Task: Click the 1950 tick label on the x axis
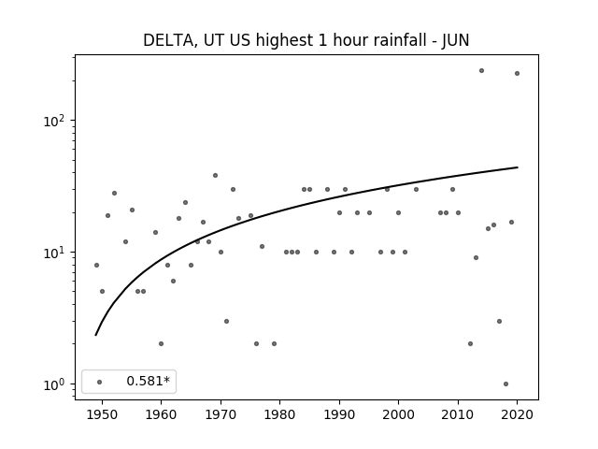(x=102, y=414)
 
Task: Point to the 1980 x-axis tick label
(x=279, y=414)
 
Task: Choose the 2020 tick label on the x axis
(x=517, y=414)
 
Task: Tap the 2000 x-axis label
(x=398, y=414)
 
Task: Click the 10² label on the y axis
(x=54, y=121)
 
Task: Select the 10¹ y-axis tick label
(x=54, y=253)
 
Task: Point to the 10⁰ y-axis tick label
(x=54, y=384)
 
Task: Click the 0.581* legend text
(x=148, y=381)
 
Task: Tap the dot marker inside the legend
(x=100, y=382)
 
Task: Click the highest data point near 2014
(x=482, y=71)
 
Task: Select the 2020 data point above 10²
(x=517, y=73)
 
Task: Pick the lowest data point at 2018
(x=505, y=384)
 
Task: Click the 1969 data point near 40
(x=215, y=175)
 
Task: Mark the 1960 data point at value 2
(x=161, y=343)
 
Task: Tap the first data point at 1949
(x=96, y=265)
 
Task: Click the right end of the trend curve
(x=518, y=167)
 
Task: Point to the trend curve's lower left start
(x=95, y=335)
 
